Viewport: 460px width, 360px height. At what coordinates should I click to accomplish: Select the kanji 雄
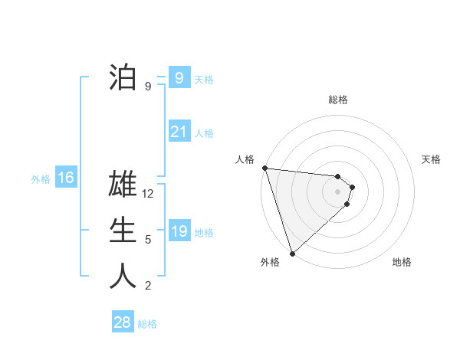click(x=123, y=186)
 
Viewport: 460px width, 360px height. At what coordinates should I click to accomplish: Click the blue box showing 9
click(x=179, y=77)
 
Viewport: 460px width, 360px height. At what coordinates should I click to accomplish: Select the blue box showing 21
click(x=179, y=132)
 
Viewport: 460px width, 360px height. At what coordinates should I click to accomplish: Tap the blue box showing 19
click(x=179, y=231)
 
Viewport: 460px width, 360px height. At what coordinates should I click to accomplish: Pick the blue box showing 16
click(x=66, y=178)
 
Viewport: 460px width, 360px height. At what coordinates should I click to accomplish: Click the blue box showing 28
click(x=122, y=322)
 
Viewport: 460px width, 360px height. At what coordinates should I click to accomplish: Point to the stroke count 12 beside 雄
click(x=149, y=195)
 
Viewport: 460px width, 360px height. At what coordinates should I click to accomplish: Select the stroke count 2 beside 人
click(x=148, y=286)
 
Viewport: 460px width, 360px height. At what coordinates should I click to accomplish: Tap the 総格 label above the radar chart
click(x=338, y=100)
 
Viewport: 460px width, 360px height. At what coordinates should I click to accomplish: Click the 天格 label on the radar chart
click(x=432, y=159)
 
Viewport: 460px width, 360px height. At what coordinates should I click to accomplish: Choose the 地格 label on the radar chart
click(x=402, y=262)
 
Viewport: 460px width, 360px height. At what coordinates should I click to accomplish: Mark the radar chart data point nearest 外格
click(x=292, y=252)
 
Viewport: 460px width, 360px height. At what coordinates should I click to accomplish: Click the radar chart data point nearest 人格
click(x=264, y=168)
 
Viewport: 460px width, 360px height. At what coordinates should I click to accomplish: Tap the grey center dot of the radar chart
click(x=338, y=191)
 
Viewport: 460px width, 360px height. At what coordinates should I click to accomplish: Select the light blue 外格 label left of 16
click(x=41, y=179)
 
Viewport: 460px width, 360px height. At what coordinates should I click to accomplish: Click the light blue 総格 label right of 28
click(x=147, y=323)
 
